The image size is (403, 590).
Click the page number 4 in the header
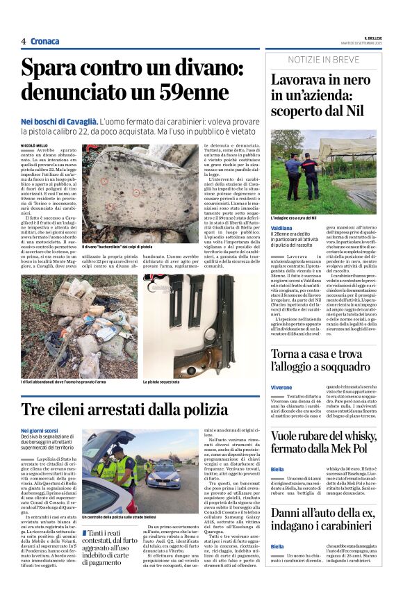(x=23, y=41)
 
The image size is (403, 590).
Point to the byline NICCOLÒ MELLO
(x=35, y=145)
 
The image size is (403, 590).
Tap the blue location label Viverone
(x=281, y=386)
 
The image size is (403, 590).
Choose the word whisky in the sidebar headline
(x=363, y=436)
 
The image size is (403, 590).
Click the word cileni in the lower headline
(x=73, y=410)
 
